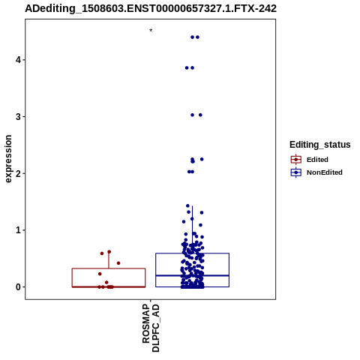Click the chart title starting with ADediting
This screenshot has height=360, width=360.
point(151,9)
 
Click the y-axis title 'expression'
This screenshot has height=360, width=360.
point(8,159)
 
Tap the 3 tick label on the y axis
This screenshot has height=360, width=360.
point(19,117)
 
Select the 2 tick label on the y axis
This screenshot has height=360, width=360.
point(19,173)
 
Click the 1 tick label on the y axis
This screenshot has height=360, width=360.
point(19,230)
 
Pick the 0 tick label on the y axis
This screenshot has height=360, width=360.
point(19,287)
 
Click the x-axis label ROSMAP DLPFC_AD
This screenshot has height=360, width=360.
point(151,328)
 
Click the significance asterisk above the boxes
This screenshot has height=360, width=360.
point(151,31)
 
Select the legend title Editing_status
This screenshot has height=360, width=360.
point(320,145)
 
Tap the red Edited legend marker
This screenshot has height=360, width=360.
point(296,160)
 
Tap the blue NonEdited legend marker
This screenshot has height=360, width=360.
point(296,172)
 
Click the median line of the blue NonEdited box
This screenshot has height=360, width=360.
point(192,275)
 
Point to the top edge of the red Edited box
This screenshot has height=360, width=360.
point(109,268)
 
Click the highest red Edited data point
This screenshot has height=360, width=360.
point(109,252)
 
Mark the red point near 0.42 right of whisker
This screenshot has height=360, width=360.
point(118,263)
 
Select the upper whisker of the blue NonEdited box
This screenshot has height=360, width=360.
point(192,229)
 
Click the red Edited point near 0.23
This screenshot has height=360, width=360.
point(100,274)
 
